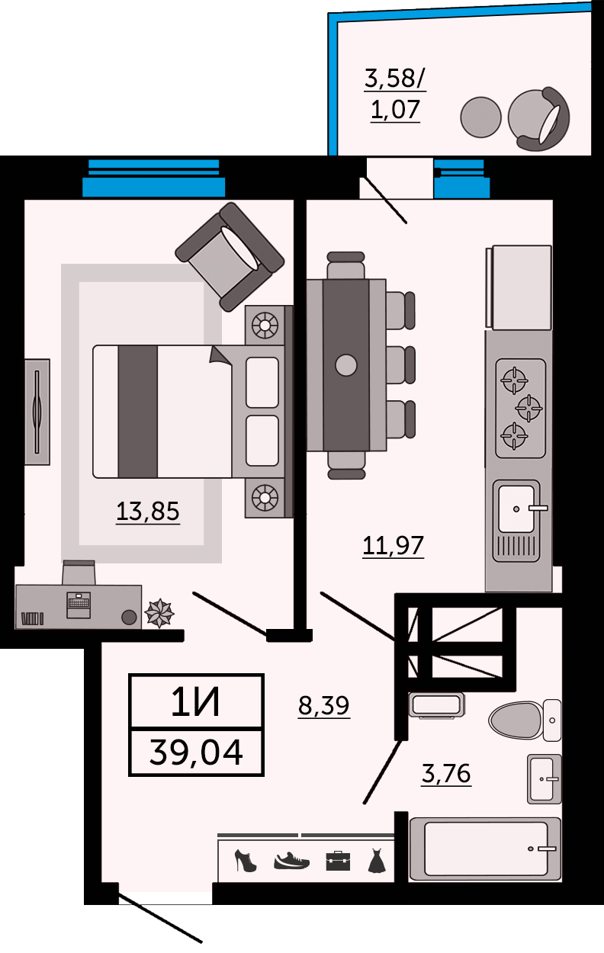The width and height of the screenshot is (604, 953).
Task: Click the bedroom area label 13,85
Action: point(148,512)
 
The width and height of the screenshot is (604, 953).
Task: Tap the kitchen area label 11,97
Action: point(393,545)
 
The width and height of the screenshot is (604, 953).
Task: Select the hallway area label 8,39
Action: point(323,705)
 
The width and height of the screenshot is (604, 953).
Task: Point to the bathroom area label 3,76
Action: point(446,774)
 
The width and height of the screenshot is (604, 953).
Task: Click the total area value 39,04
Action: point(196,752)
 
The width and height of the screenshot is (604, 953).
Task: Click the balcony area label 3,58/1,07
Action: point(395,95)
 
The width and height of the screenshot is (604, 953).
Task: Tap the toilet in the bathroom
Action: point(525,720)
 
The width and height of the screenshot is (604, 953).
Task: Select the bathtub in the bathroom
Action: point(485,849)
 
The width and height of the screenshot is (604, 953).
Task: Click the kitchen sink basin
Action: point(516,509)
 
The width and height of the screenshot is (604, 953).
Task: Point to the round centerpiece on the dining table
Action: point(346,365)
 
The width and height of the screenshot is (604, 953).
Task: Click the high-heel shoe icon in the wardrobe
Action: point(246,861)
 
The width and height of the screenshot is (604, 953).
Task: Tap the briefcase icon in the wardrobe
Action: point(338,861)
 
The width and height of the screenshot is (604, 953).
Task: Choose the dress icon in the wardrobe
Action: point(377,861)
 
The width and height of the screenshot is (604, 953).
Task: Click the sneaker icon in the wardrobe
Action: point(291,860)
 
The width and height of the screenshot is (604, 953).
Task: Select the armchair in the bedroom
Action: point(230,256)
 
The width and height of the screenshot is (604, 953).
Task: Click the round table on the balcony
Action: point(480,117)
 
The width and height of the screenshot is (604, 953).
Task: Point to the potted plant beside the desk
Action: point(159,613)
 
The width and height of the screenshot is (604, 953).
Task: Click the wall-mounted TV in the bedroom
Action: point(37,412)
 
